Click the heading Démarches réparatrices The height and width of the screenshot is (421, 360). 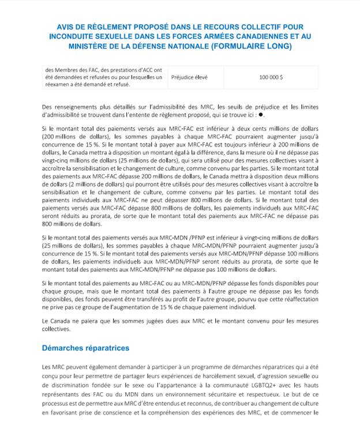click(x=85, y=348)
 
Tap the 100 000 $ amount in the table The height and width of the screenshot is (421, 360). click(x=271, y=77)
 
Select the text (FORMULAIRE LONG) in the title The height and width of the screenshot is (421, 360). click(x=249, y=46)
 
